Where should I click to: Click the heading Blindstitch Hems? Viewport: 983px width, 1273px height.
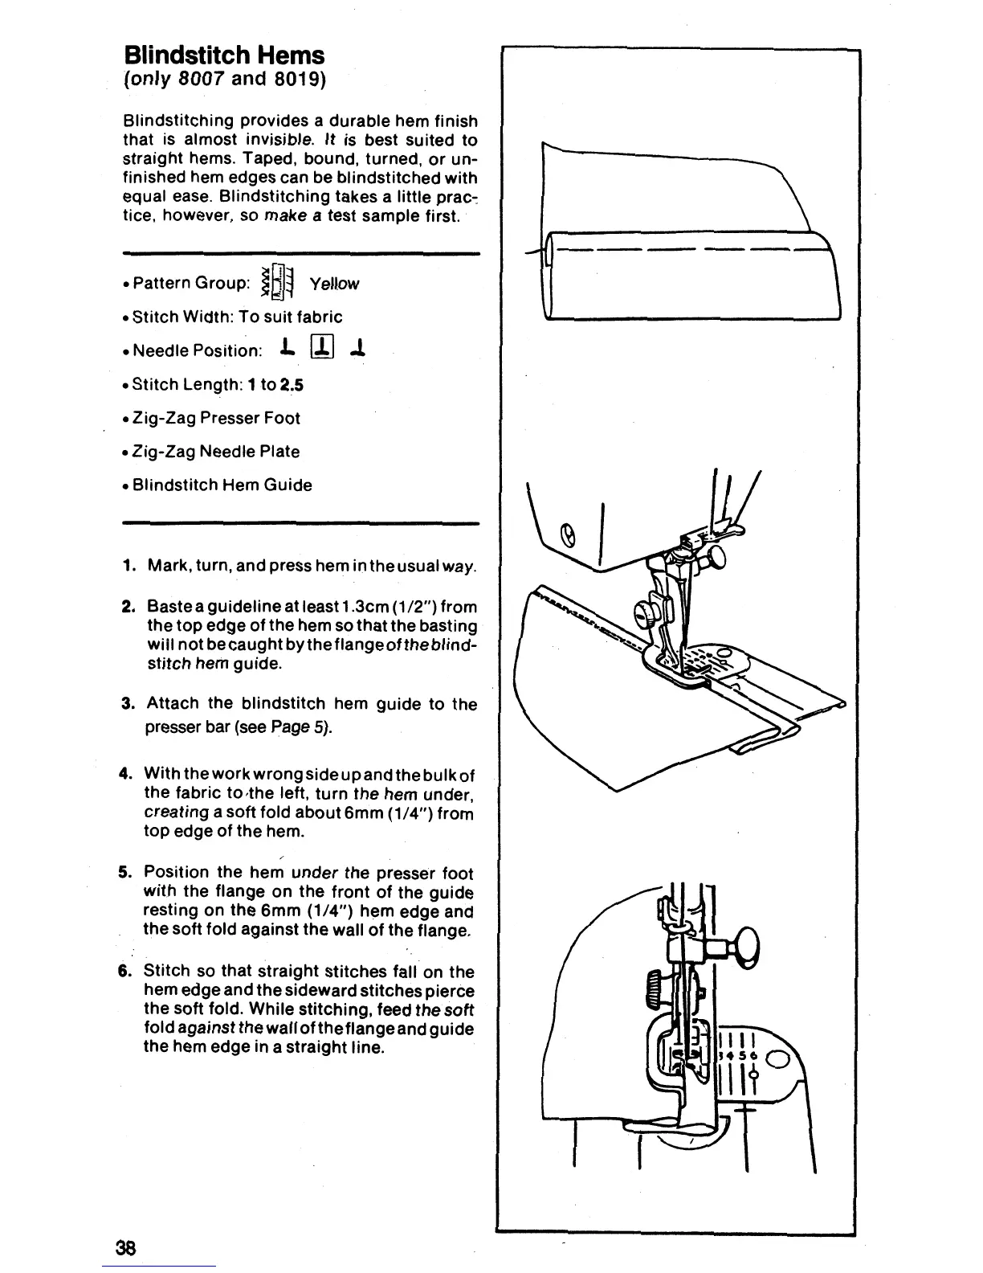224,55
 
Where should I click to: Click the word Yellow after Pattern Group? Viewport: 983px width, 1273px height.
334,284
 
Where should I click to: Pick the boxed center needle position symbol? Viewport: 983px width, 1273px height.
320,350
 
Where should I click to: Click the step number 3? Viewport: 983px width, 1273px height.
127,704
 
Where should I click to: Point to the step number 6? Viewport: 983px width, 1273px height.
125,972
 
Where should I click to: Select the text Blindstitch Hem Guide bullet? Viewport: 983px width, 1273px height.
222,485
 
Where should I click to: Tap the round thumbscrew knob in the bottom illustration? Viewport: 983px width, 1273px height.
748,939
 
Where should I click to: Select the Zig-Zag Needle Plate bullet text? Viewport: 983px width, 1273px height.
216,452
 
